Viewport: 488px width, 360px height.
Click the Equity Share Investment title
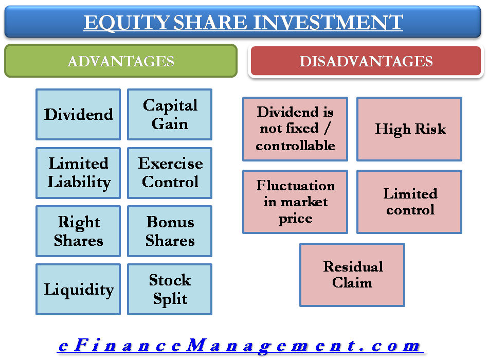(243, 23)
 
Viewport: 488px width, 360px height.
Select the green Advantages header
(121, 62)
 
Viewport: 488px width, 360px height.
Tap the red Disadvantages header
(366, 62)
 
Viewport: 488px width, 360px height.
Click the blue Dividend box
(78, 114)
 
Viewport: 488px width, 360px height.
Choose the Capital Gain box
(170, 114)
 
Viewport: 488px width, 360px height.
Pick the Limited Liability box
(78, 173)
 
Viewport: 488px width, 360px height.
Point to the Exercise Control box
(170, 173)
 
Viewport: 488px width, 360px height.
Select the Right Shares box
(78, 231)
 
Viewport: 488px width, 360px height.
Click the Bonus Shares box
(170, 231)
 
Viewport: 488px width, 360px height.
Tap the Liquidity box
(78, 289)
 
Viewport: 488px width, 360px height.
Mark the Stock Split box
(170, 289)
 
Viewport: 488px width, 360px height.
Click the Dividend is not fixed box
(295, 129)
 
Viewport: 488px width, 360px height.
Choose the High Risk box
(410, 129)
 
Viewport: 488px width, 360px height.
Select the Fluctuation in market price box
(295, 202)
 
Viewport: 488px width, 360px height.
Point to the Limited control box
(410, 202)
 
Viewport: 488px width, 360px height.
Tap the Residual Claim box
(352, 275)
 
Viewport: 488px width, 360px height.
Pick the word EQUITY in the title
(125, 23)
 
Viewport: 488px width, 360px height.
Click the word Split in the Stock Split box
(170, 299)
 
